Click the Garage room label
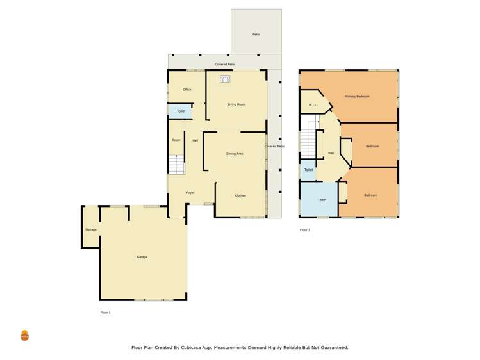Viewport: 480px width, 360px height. [x=142, y=257]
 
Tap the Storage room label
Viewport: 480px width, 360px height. [x=91, y=229]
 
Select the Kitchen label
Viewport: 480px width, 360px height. [x=240, y=195]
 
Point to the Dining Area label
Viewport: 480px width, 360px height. [x=235, y=154]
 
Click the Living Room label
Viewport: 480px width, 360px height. [x=236, y=104]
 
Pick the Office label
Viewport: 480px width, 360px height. [x=187, y=90]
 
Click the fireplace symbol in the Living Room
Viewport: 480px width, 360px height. [x=225, y=79]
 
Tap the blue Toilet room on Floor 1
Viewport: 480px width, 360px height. [x=180, y=111]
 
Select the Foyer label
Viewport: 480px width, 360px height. [x=190, y=193]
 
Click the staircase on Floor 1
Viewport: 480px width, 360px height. [x=176, y=165]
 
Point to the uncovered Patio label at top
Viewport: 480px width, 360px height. [x=256, y=34]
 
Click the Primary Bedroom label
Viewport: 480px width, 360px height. [x=358, y=97]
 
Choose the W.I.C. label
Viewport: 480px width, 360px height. [x=313, y=105]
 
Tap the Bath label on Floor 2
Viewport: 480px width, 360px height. [x=322, y=200]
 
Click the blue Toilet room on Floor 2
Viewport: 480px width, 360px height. [x=308, y=170]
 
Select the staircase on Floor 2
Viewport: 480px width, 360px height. [x=309, y=142]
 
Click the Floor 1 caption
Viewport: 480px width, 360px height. [x=105, y=312]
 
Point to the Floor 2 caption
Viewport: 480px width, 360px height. [x=305, y=230]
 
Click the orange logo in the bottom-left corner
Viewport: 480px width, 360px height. [x=25, y=335]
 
